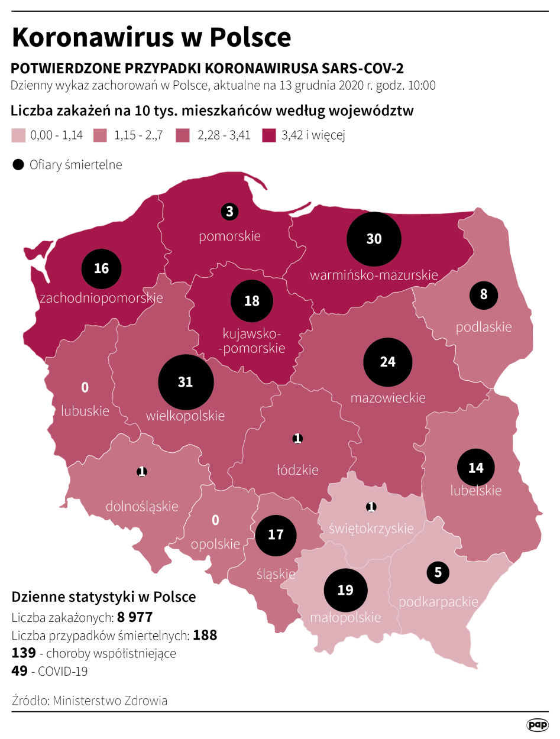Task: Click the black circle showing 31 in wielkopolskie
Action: [185, 383]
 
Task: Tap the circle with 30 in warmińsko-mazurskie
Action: [374, 239]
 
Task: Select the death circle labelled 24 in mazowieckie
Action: [387, 362]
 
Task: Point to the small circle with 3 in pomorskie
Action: [229, 211]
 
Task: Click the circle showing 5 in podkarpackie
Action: [438, 572]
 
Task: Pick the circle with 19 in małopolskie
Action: [345, 590]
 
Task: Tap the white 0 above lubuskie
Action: [85, 388]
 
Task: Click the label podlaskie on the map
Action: [483, 326]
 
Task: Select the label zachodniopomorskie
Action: [101, 298]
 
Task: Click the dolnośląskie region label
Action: [142, 506]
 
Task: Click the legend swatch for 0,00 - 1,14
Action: [18, 135]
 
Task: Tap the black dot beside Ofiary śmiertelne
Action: [18, 165]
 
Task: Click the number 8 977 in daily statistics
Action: [135, 618]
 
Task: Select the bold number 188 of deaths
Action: [205, 636]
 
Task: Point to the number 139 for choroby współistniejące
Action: [23, 653]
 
